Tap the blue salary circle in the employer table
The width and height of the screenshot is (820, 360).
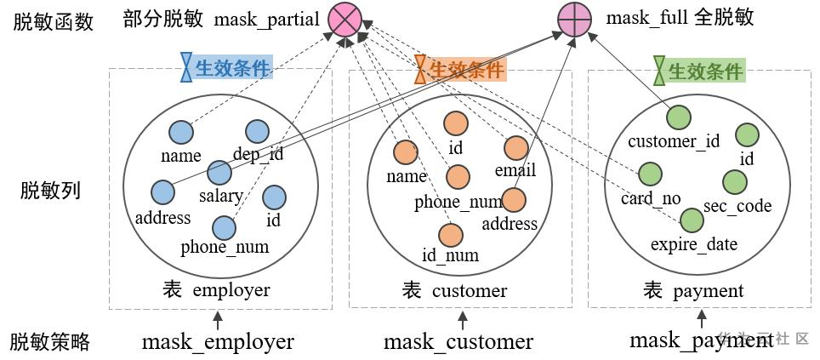pos(219,174)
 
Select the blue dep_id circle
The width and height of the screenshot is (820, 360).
pos(257,131)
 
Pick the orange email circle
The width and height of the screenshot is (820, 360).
pos(516,148)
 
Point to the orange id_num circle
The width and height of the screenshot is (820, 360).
pos(451,234)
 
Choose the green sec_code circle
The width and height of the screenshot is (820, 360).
pos(734,182)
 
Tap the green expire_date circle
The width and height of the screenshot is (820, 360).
pos(692,220)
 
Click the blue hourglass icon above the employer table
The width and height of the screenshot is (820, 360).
pos(186,68)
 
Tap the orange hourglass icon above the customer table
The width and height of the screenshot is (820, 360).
pos(420,69)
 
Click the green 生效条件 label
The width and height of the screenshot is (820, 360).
pos(706,71)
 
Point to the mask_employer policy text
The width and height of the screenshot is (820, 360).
pos(218,342)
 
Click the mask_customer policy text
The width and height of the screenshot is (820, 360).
pos(458,342)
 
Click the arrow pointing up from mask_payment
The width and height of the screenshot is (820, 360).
pos(702,319)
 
